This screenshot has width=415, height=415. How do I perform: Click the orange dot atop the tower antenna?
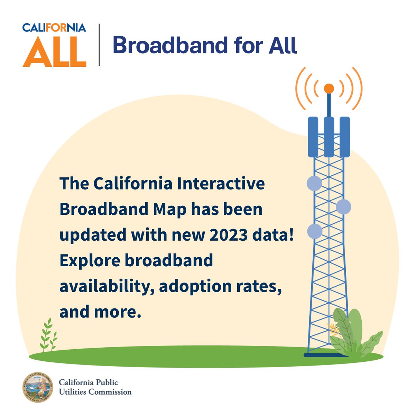tap(329, 88)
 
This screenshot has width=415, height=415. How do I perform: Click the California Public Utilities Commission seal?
tap(37, 387)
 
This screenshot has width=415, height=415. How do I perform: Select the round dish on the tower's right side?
tap(343, 207)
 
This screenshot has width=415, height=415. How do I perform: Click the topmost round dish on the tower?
tap(314, 183)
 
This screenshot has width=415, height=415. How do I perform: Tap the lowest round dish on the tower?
tap(315, 231)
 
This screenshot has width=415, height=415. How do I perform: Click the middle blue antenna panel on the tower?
tap(329, 137)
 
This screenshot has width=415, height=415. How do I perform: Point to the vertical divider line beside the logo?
tap(100, 45)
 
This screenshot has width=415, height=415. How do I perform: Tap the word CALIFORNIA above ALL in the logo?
tap(54, 27)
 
